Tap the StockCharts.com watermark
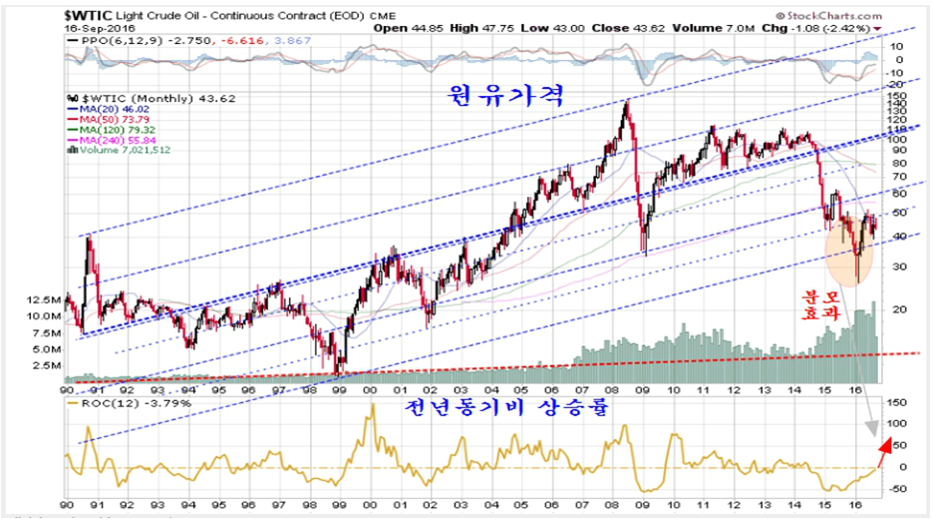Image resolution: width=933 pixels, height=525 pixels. (821, 14)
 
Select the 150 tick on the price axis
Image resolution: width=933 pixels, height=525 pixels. (895, 96)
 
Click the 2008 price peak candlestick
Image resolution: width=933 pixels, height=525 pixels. (626, 102)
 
